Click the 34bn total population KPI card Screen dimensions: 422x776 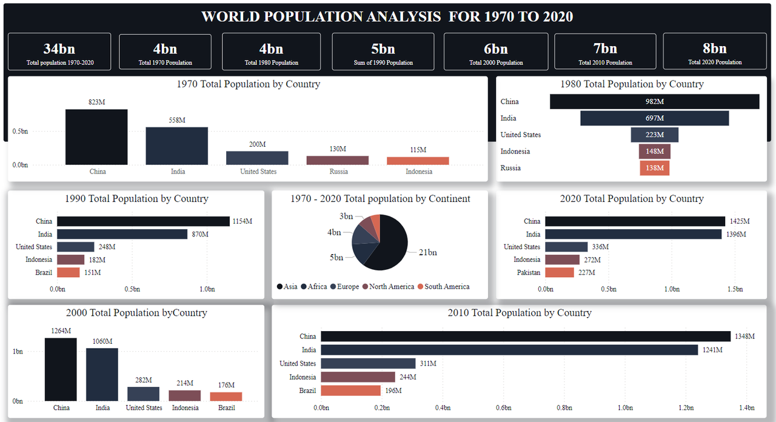tap(59, 52)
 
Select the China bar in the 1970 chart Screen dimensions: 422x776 tap(96, 137)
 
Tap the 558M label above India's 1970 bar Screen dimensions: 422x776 tap(178, 120)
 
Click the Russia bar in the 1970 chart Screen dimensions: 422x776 tap(338, 160)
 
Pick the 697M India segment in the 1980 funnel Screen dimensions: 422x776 tap(654, 118)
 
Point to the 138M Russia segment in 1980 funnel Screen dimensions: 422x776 tap(654, 168)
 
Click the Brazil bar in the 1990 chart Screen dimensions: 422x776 tap(69, 273)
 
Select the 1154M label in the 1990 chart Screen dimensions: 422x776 tap(242, 221)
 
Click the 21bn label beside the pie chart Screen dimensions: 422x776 tap(427, 252)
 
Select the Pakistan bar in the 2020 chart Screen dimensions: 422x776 tap(559, 273)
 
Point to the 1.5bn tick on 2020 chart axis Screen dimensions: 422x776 tap(735, 289)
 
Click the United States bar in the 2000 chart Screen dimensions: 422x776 tap(144, 394)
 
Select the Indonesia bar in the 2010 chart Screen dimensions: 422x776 tap(358, 377)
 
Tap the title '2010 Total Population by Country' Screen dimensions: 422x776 tap(520, 313)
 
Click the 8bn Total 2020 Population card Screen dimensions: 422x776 tap(714, 52)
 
